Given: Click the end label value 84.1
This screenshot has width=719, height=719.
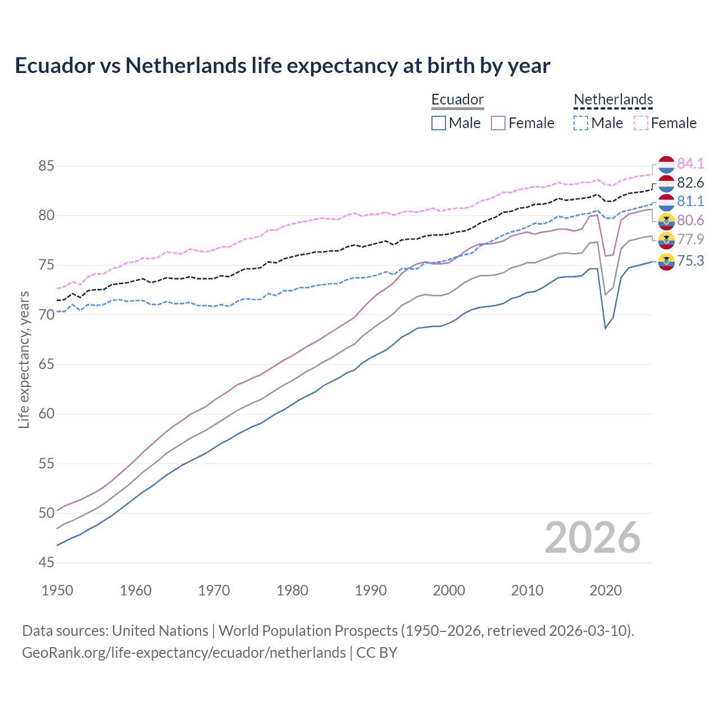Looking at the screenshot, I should pos(690,163).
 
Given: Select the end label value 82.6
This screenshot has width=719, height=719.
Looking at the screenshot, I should pos(690,183).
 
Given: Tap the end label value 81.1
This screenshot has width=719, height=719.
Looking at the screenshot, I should pos(690,201).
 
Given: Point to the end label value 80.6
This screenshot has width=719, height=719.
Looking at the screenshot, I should pos(690,220).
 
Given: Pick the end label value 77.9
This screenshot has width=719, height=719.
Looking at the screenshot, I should pos(690,239).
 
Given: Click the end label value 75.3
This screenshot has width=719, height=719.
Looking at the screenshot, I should pos(690,261).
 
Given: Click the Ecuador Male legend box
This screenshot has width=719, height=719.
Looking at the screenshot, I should pos(439,123).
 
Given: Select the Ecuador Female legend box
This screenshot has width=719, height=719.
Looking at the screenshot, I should pos(498,123).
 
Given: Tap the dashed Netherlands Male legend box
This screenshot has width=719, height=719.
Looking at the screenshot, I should pos(581,123).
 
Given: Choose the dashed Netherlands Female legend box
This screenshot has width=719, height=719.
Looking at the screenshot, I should pos(641,123).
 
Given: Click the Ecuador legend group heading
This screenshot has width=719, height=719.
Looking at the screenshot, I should pos(457,100).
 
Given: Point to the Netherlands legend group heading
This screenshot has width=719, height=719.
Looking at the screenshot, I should pos(613,100).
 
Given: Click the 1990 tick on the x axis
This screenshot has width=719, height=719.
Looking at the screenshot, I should pos(371,590).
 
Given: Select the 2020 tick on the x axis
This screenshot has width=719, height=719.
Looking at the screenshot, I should pos(606,590).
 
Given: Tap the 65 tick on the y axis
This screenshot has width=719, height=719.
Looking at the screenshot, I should pos(46,364).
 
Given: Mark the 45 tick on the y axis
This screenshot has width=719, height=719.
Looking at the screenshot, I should pos(46,562).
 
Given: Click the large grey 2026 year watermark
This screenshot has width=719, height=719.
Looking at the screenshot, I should pos(593,538).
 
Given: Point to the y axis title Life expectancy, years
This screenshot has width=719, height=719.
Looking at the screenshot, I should pos(24,359).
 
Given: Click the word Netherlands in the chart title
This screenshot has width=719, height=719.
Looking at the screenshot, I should pos(186,66).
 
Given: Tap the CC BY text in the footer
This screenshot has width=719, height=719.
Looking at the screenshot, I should pos(377,653).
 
